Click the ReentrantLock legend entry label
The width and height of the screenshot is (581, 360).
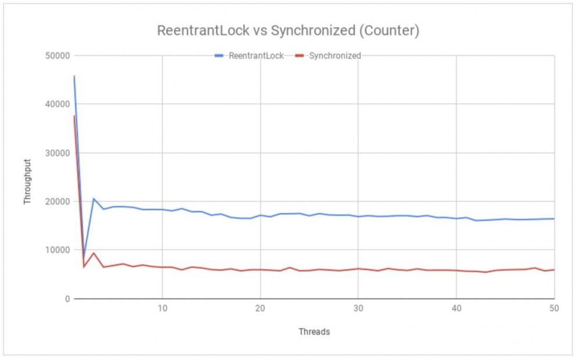pos(256,56)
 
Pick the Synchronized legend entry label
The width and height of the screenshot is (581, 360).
pos(335,56)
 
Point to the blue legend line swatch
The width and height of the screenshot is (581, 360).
pos(219,56)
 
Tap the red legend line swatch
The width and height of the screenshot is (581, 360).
pos(300,56)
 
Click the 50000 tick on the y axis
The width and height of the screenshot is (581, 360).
pos(57,56)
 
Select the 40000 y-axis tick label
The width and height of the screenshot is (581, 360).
pos(57,105)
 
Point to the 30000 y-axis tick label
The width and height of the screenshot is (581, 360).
pos(57,153)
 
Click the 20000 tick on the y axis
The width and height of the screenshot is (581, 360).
pos(57,201)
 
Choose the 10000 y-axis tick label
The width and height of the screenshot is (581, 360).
pos(57,250)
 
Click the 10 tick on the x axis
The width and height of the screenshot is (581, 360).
pos(163,309)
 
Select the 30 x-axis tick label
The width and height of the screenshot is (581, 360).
pos(358,309)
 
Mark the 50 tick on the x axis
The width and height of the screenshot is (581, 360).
pos(554,309)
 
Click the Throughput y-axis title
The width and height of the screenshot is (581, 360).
pos(27,177)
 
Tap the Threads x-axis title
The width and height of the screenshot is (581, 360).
pos(314,332)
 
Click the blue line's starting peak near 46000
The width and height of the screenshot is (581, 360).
pos(74,76)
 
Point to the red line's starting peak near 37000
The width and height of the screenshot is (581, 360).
pos(74,116)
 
